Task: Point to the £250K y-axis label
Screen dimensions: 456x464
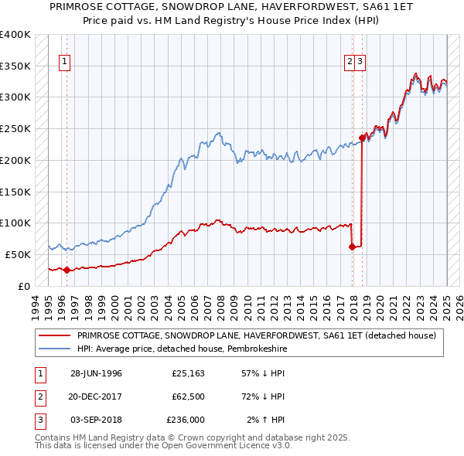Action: click(15, 128)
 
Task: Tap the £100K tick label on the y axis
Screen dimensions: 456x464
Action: click(15, 223)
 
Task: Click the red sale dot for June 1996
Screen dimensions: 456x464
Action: click(67, 270)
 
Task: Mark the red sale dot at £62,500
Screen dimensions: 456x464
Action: click(353, 247)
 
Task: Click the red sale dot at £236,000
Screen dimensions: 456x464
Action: click(362, 138)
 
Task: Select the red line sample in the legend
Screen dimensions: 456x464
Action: click(56, 335)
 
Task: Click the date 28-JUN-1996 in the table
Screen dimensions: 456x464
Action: click(96, 373)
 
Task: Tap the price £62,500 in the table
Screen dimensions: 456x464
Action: click(188, 396)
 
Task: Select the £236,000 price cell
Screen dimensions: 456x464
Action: click(186, 420)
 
